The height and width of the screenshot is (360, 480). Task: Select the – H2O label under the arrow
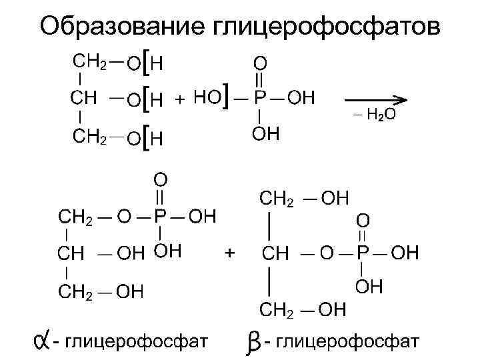[x=374, y=115]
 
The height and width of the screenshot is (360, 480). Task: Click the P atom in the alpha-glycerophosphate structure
[x=160, y=217]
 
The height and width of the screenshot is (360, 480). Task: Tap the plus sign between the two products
[x=230, y=253]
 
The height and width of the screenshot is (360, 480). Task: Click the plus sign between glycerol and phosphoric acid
[x=179, y=99]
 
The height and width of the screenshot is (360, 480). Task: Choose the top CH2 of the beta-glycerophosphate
[x=275, y=199]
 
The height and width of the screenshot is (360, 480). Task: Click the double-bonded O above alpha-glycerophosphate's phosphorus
[x=161, y=180]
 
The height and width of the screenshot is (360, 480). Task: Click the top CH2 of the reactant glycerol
[x=88, y=62]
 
